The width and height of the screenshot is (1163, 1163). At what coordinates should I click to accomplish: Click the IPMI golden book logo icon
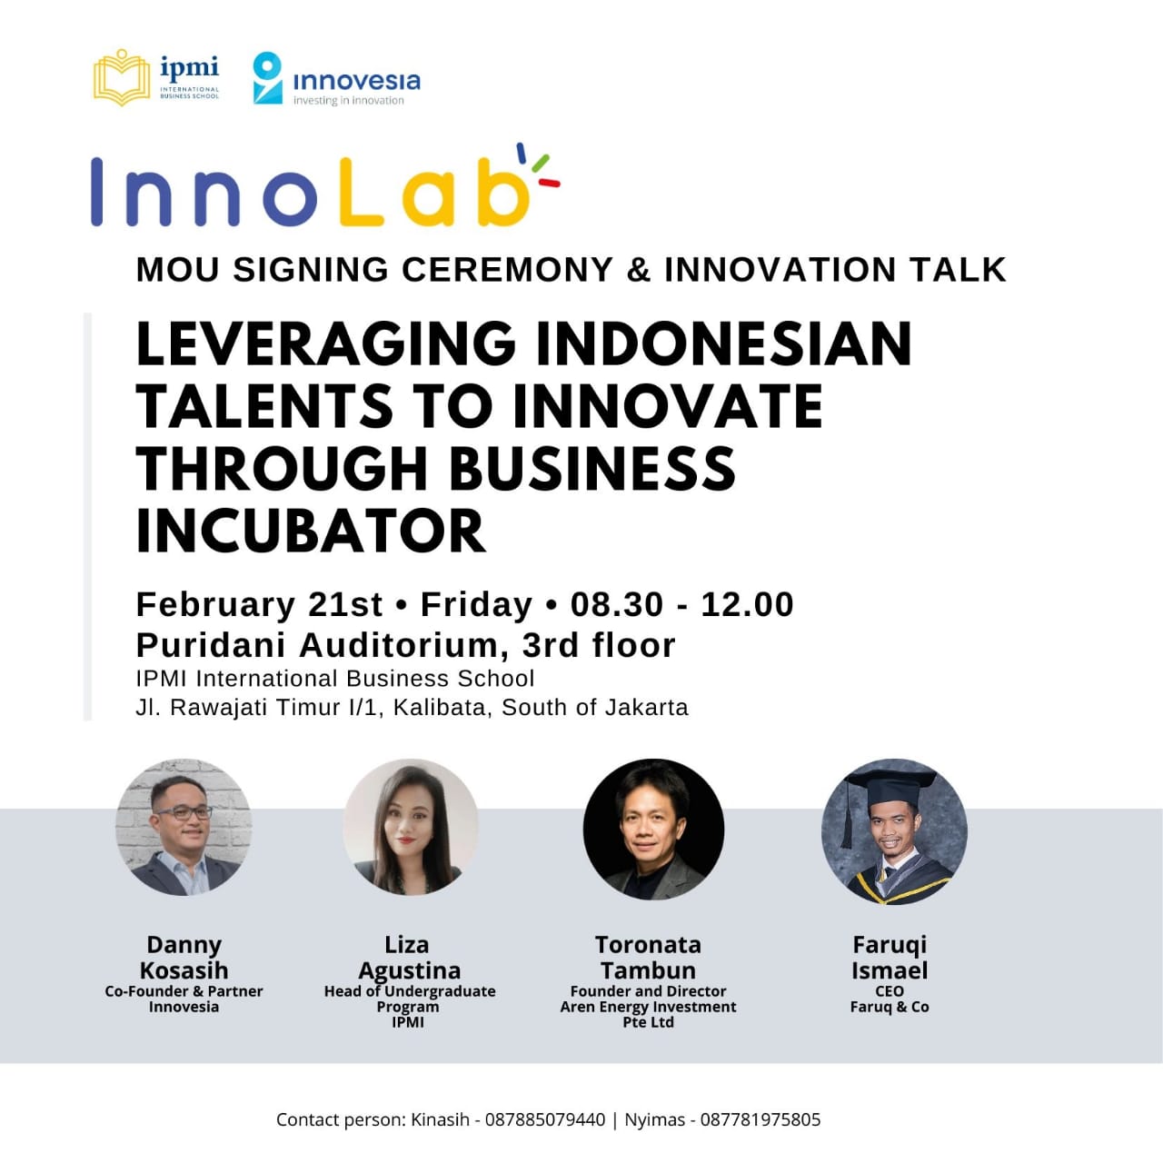click(x=122, y=78)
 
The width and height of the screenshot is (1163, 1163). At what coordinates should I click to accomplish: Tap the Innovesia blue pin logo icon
click(x=267, y=78)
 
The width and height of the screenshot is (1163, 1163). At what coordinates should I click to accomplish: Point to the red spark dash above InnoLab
click(x=549, y=183)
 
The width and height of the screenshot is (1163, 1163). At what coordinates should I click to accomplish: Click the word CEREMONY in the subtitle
click(x=508, y=269)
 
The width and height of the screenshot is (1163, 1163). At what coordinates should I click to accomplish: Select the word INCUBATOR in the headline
click(x=311, y=531)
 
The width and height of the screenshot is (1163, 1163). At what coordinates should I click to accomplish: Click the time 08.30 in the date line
click(x=616, y=604)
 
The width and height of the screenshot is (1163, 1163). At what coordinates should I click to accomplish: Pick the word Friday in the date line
click(x=476, y=605)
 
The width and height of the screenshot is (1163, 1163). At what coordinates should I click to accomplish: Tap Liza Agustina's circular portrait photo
click(x=411, y=827)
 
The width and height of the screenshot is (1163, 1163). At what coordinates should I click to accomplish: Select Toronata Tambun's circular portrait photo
click(x=653, y=829)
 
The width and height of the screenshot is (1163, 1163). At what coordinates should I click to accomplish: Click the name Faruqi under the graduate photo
click(x=890, y=945)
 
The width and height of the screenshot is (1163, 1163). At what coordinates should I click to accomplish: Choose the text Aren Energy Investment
click(x=648, y=1007)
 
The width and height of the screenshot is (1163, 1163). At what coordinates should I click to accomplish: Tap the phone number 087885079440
click(x=545, y=1120)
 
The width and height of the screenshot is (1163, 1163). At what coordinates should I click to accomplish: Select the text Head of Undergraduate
click(x=410, y=991)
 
